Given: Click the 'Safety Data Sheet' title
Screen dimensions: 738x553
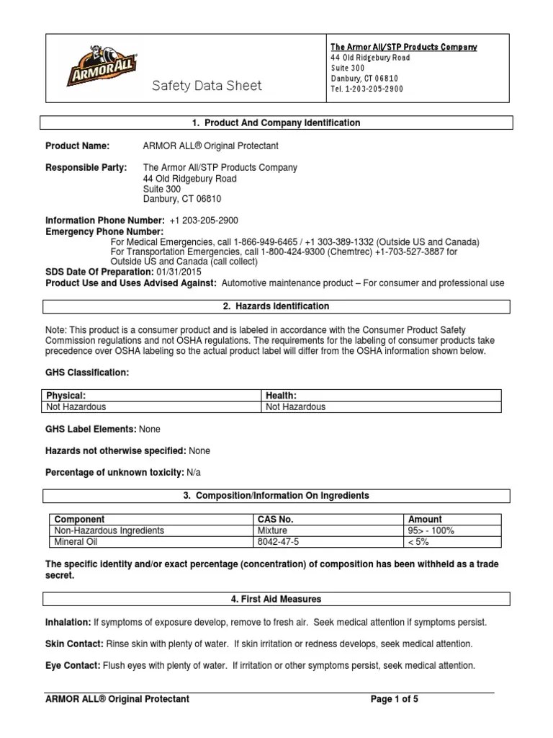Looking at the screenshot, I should (207, 86).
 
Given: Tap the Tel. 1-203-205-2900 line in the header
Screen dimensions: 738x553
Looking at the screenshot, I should (367, 89).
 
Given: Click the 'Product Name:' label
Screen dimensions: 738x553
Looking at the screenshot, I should (78, 146).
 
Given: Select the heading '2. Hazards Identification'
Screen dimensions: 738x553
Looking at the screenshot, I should (276, 306).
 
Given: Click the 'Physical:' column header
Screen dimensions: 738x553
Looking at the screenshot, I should (66, 396).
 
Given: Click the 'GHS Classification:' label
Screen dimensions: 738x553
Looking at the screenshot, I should (87, 373).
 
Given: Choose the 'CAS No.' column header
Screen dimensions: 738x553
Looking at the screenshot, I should (275, 519).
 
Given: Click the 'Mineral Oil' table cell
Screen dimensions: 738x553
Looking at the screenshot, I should (76, 541).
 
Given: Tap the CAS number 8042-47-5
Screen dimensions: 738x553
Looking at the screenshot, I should (279, 541).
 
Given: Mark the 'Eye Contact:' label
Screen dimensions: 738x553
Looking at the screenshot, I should (73, 665).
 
